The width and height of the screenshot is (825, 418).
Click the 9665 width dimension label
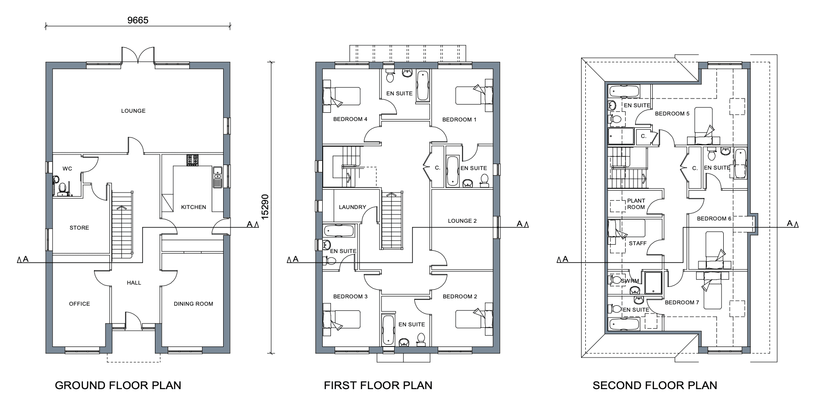[x=137, y=20]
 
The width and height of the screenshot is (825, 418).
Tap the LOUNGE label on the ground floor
[x=133, y=111]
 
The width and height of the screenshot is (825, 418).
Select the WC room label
[x=67, y=169]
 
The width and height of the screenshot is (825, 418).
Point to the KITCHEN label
[x=193, y=207]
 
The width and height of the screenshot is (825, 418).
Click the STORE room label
[x=79, y=228]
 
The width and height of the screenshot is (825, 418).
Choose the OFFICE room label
[x=79, y=304]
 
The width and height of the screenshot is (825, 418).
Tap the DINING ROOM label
[x=193, y=304]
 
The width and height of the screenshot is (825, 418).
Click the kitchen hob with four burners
[x=192, y=160]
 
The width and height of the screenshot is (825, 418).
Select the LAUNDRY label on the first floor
[x=352, y=207]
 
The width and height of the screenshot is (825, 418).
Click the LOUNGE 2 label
[x=462, y=221]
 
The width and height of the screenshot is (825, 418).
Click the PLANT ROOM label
[x=636, y=204]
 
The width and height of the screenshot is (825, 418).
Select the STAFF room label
[x=638, y=243]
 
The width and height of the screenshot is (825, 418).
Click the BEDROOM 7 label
[x=682, y=302]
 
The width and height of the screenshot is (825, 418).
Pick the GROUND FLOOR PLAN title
[x=118, y=385]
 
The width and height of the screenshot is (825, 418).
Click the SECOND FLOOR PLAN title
[x=655, y=385]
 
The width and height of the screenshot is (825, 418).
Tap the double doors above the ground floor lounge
[x=137, y=54]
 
